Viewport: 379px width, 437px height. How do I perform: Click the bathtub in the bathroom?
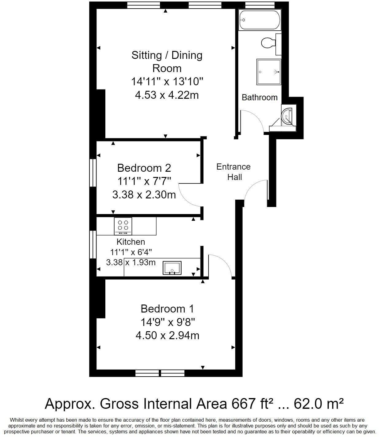(x=260, y=20)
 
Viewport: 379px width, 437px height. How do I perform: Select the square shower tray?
(x=269, y=72)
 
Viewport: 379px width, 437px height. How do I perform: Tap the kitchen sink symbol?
(x=172, y=268)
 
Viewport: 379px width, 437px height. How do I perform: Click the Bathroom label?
(x=260, y=97)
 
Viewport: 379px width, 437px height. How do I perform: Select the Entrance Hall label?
(x=233, y=172)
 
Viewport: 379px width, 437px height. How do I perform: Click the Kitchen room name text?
(x=131, y=242)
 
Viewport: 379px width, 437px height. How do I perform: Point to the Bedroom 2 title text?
(x=144, y=168)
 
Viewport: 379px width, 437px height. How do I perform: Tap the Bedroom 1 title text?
(x=167, y=308)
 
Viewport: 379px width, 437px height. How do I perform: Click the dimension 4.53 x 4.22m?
(x=167, y=95)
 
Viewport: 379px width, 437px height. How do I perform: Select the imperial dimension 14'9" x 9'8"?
(x=168, y=322)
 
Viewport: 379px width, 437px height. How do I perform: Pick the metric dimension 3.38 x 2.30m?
(x=144, y=194)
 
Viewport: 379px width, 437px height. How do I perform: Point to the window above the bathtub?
(x=260, y=5)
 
